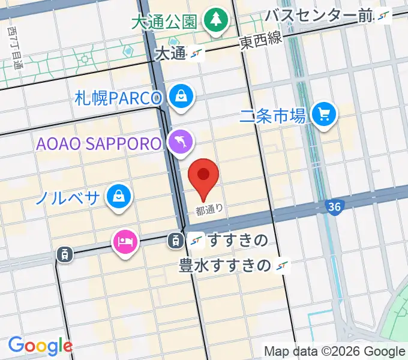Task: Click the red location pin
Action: [x=203, y=175]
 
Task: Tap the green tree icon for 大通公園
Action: [x=214, y=20]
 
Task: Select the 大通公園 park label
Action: [x=164, y=22]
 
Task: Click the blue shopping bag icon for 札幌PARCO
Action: [x=179, y=96]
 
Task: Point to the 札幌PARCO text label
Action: [x=119, y=98]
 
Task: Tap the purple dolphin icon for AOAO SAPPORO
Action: [x=181, y=142]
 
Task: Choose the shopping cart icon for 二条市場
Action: [x=325, y=113]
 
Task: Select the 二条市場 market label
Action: [x=273, y=115]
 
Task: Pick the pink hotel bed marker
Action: [x=125, y=241]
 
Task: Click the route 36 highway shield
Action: [x=335, y=207]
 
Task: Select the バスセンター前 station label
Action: [x=319, y=16]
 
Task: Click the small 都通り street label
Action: [x=209, y=210]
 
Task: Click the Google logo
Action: [x=40, y=345]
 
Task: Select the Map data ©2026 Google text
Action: [x=334, y=350]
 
